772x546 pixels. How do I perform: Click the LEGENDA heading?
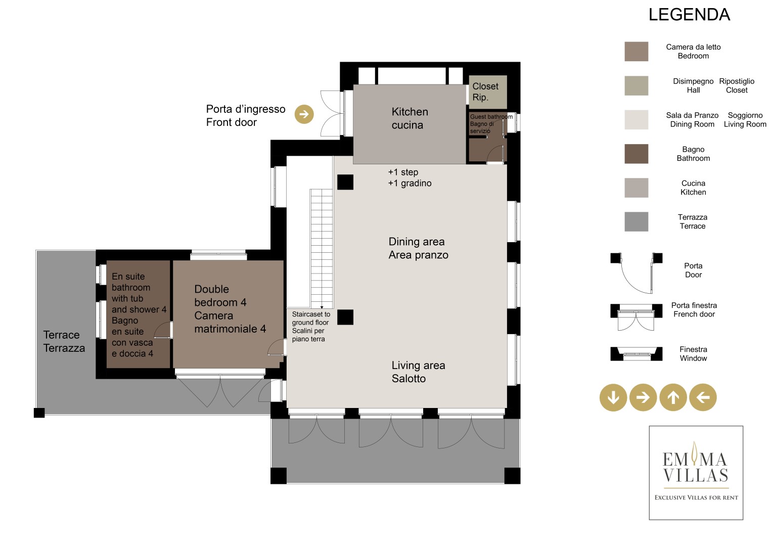689,15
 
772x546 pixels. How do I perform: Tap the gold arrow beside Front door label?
304,114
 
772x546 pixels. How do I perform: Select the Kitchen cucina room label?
410,118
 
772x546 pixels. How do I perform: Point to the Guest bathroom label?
491,116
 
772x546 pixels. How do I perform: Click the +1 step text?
403,172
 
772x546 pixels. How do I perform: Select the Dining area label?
416,242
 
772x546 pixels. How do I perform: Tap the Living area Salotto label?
418,372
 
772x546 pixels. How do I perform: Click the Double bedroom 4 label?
220,295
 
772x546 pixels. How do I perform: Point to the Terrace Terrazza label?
64,341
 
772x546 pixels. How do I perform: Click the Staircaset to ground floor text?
311,318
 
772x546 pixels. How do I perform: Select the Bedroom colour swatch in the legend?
636,52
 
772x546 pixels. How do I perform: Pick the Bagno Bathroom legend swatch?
636,154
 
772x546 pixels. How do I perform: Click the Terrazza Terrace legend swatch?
636,221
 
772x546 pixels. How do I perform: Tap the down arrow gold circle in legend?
613,397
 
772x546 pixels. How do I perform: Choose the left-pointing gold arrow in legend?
703,397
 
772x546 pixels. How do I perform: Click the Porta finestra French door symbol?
636,317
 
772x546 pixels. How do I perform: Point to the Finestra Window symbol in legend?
636,354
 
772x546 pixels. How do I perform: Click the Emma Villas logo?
696,473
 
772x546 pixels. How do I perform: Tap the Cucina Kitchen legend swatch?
636,188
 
